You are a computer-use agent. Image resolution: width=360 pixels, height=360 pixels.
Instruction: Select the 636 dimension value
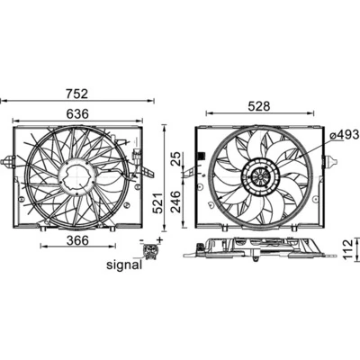coord(76,114)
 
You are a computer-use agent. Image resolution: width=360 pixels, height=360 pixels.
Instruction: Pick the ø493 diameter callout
coord(344,134)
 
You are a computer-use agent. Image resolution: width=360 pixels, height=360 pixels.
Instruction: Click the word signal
coord(124,265)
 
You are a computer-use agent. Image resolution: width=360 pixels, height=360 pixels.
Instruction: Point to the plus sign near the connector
coord(159,239)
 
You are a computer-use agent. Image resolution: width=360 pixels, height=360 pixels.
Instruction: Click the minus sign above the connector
coord(143,240)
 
